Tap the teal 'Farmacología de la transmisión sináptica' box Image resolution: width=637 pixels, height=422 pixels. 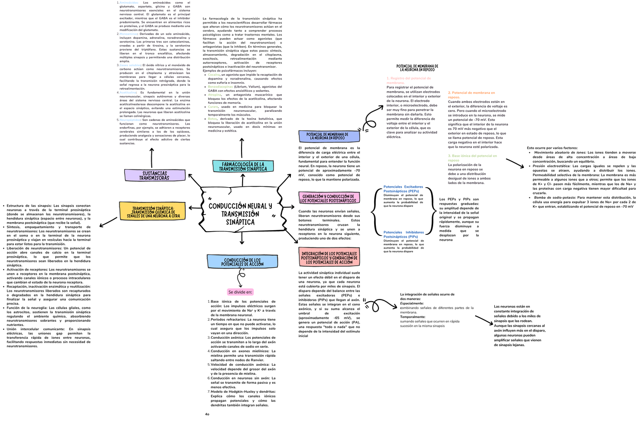point(243,166)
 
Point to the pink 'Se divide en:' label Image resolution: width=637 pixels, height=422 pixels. point(240,292)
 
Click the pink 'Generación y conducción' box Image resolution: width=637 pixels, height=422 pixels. point(329,198)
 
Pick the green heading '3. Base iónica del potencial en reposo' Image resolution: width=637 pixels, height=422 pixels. point(473,158)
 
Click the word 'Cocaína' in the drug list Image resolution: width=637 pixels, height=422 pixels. point(214,75)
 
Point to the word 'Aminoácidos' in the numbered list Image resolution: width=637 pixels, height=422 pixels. point(130,3)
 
